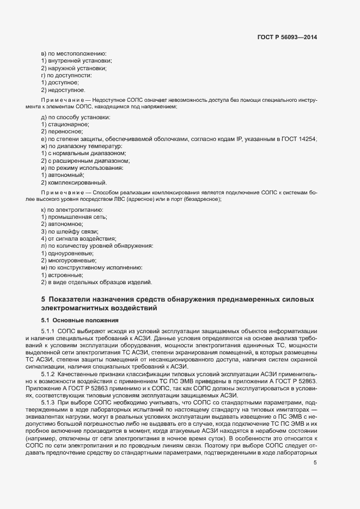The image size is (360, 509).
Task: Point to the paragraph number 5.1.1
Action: pyautogui.click(x=50, y=332)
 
